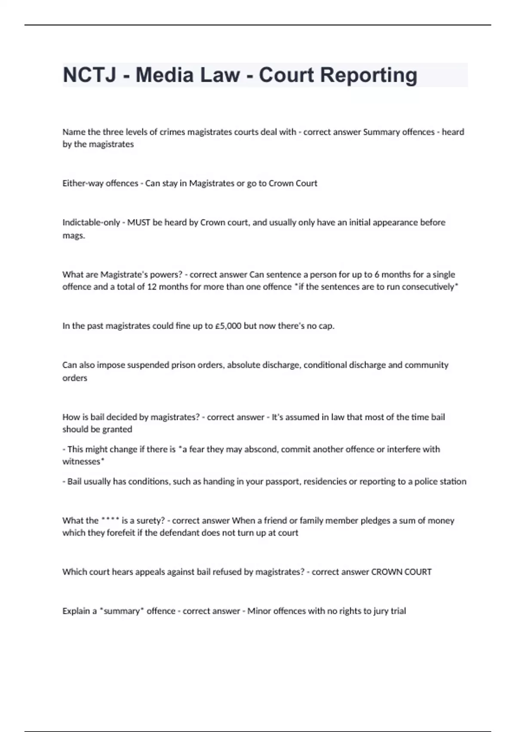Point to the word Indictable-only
[x=91, y=223]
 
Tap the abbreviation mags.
[x=74, y=236]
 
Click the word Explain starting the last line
[x=76, y=611]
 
